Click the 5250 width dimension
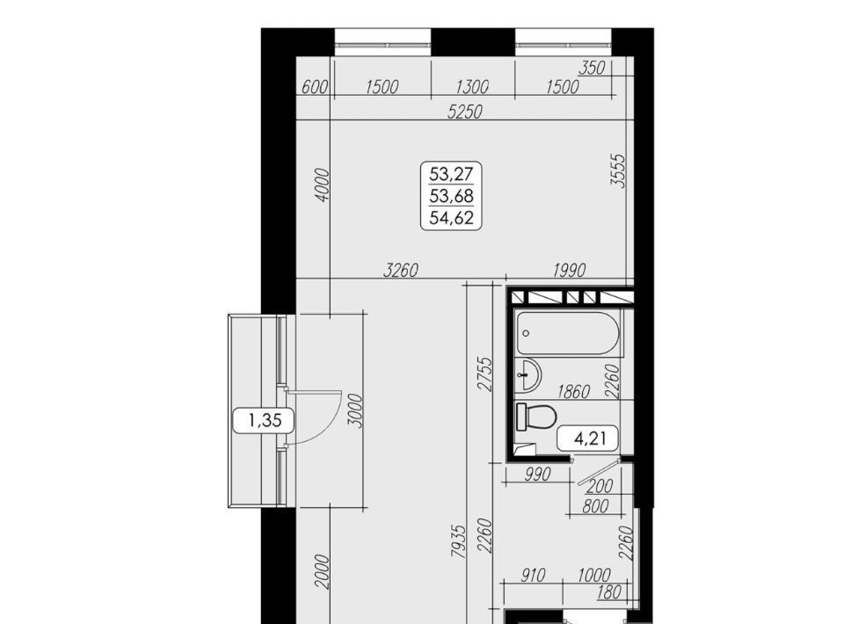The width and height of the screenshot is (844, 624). [x=466, y=112]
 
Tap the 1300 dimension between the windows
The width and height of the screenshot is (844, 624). [x=472, y=87]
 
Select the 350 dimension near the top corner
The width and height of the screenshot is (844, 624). [x=592, y=68]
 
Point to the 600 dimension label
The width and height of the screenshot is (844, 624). [x=315, y=87]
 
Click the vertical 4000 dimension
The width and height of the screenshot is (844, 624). [x=322, y=185]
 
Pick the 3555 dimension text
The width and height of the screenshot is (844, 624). [x=618, y=171]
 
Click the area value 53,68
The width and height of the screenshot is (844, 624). [x=451, y=196]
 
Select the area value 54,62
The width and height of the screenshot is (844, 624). [x=451, y=218]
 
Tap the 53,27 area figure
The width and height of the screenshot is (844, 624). [x=451, y=174]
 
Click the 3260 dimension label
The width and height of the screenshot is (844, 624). [x=401, y=270]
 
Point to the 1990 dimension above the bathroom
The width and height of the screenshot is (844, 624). [x=569, y=270]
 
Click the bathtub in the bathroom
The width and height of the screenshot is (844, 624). [x=569, y=333]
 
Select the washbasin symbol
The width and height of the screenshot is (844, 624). [x=528, y=375]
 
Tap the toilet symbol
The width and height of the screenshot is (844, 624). [x=535, y=417]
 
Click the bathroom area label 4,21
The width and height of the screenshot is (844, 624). [x=590, y=439]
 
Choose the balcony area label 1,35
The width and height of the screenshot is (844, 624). [x=265, y=420]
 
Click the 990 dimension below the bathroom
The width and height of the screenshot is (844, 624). [x=536, y=474]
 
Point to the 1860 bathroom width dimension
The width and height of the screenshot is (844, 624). [x=574, y=391]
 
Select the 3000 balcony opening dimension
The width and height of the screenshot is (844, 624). [x=354, y=410]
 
